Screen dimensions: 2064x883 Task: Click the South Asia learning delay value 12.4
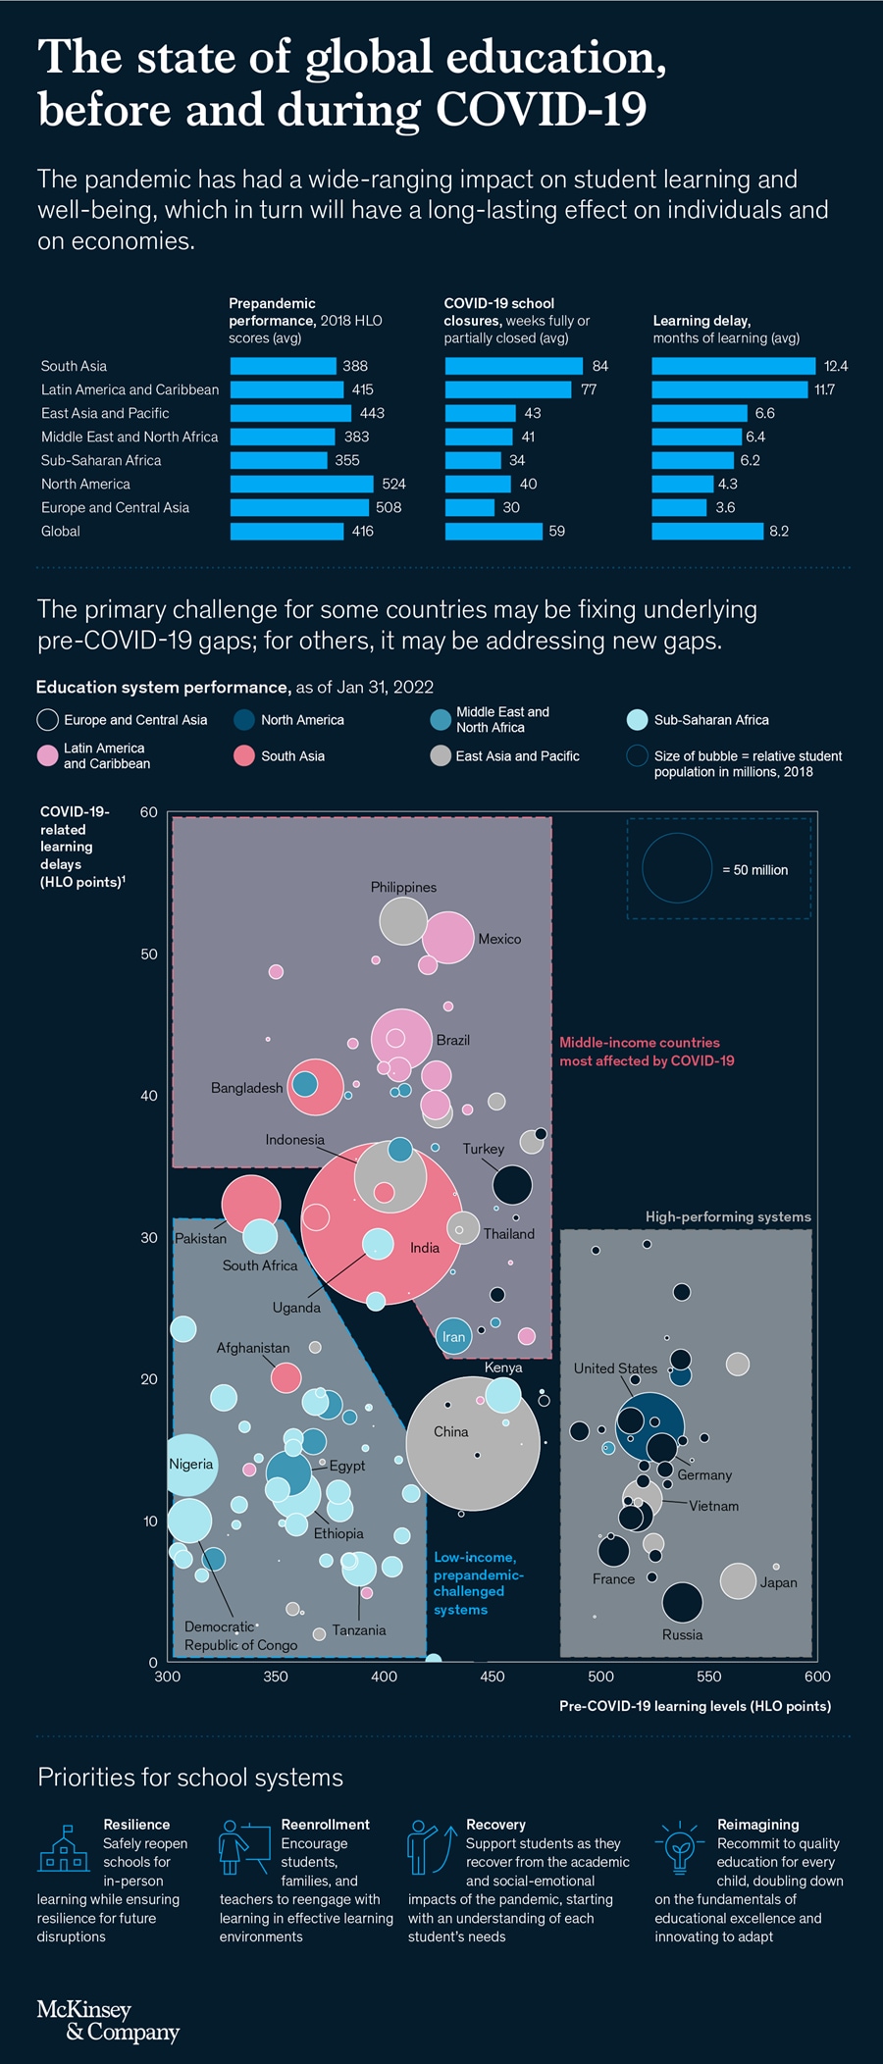[x=835, y=366]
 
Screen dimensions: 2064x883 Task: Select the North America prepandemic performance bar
[x=301, y=484]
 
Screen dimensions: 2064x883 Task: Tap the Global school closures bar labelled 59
[x=493, y=531]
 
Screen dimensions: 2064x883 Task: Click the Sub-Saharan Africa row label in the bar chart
[x=101, y=460]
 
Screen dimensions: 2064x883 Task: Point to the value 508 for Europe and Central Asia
[x=389, y=507]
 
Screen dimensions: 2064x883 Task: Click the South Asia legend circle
[x=244, y=755]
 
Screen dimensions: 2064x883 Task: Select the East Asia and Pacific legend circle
[x=441, y=755]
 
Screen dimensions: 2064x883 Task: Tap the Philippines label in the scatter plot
[x=403, y=887]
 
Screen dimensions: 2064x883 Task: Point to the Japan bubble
[x=738, y=1580]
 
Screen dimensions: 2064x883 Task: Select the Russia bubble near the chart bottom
[x=682, y=1602]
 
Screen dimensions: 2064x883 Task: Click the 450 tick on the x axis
[x=493, y=1677]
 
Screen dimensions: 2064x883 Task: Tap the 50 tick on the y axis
[x=149, y=954]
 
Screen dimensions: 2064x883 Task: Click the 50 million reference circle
[x=677, y=868]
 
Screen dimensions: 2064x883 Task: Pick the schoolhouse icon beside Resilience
[x=64, y=1849]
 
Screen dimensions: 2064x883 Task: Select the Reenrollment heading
[x=325, y=1825]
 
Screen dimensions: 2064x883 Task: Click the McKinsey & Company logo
[x=108, y=2021]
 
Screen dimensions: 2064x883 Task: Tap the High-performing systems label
[x=728, y=1216]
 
